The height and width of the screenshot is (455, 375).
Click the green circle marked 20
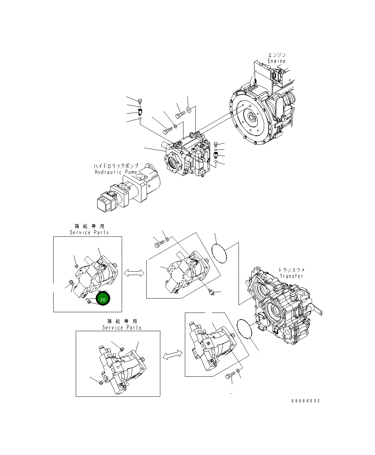103,299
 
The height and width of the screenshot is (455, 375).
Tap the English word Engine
277,61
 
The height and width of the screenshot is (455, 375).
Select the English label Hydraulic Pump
116,172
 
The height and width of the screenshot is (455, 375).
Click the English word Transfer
291,276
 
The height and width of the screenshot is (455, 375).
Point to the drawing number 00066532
305,401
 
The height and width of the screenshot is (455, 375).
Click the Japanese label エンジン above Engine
277,55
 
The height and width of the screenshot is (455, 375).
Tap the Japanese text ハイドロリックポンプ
116,166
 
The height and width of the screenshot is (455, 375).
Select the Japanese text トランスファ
291,270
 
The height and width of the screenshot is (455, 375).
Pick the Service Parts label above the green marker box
89,232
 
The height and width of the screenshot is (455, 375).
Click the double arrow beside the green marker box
134,273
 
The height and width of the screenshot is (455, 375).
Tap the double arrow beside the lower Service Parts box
173,355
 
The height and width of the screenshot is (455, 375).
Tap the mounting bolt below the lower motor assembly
229,377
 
